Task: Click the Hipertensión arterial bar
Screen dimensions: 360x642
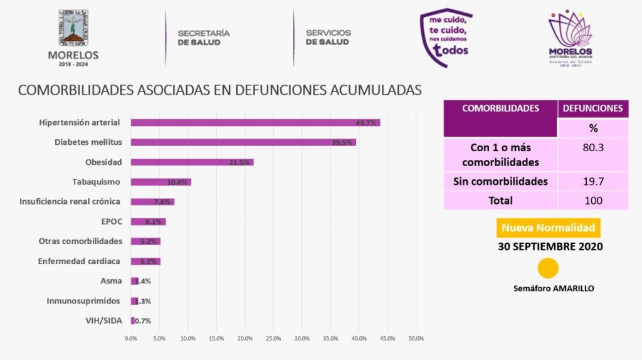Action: coord(255,123)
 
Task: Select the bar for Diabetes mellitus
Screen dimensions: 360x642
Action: coord(243,142)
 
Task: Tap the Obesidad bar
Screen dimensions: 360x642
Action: coord(192,162)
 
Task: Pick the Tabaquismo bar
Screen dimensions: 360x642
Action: coord(160,183)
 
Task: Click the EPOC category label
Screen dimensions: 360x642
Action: coord(111,221)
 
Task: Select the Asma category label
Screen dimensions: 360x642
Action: coord(111,281)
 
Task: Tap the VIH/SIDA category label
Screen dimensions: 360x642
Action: coord(104,320)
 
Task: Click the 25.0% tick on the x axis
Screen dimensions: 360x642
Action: coord(273,339)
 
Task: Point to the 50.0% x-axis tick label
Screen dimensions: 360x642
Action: coord(416,339)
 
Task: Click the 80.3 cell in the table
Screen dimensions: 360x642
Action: coord(593,148)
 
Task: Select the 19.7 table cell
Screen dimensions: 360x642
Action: coord(593,182)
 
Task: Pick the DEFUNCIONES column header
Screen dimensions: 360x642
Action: coord(593,109)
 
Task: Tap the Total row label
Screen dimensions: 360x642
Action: coord(500,201)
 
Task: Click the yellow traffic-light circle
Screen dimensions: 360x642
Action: coord(549,268)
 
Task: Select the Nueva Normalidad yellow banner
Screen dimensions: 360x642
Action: coord(549,228)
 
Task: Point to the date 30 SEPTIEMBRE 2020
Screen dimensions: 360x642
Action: coord(550,246)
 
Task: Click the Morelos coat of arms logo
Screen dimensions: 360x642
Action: coord(73,29)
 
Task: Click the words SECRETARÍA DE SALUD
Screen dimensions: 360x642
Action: coord(204,37)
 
